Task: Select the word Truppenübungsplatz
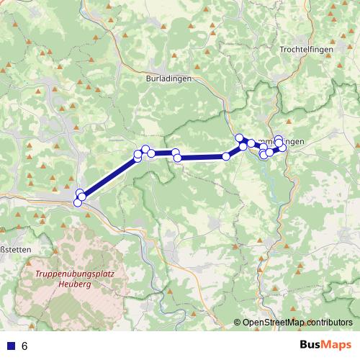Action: [80, 274]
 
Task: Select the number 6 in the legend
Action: [24, 346]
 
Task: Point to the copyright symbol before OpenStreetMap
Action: [238, 323]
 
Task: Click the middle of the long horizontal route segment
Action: [202, 157]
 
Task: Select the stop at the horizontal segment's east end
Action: [226, 156]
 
